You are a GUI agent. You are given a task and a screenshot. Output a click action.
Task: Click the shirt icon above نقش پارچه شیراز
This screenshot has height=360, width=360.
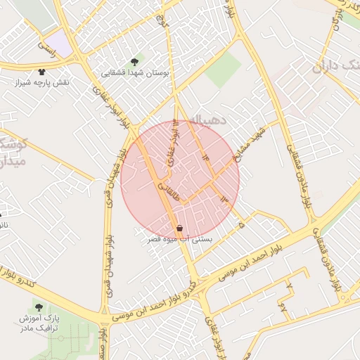coord(42,72)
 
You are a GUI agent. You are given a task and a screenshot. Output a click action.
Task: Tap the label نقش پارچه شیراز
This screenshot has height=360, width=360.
coord(42,83)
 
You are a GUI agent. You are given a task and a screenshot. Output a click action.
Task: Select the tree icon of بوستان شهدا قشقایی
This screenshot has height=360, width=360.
coord(135,61)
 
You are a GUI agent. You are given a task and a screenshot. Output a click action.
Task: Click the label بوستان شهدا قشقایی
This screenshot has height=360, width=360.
coord(135,72)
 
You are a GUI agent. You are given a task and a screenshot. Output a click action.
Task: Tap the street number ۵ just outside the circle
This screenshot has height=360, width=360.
coord(241,225)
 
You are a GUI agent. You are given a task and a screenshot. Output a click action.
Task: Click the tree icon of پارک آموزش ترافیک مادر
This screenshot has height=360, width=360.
coord(39,307)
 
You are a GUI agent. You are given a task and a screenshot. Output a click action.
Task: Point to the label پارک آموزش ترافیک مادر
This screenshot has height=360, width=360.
coord(39,323)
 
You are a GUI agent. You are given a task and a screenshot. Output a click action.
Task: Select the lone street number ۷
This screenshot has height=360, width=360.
coord(288,285)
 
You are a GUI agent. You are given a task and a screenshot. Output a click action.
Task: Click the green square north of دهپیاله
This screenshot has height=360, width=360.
coord(224,70)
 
